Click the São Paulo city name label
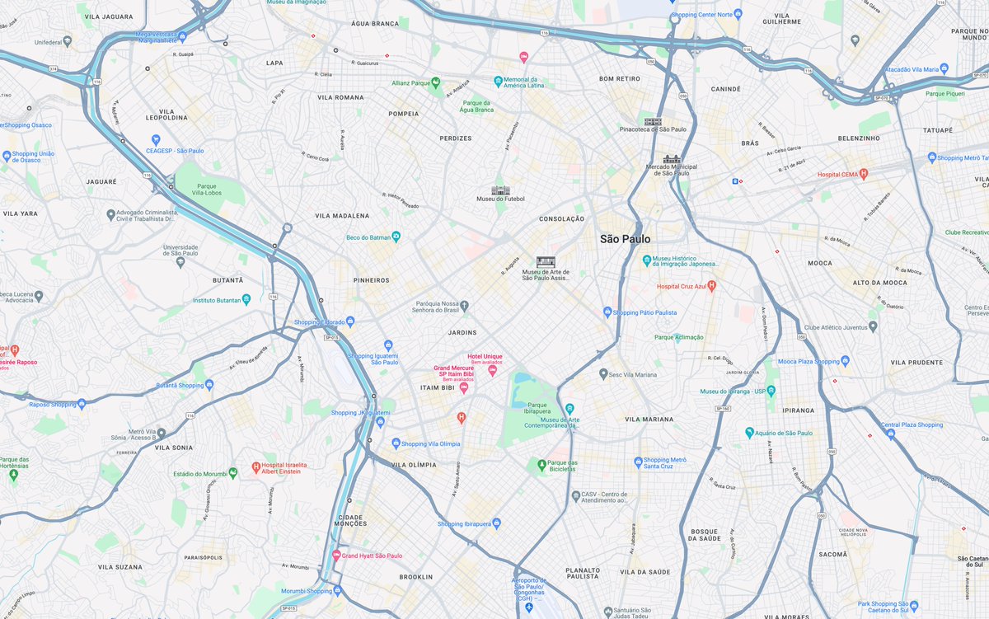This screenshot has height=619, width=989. tap(625, 239)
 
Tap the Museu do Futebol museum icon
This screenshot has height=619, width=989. tap(500, 190)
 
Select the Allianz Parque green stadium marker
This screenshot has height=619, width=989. tap(436, 82)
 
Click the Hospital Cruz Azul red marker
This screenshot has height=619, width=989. tap(712, 286)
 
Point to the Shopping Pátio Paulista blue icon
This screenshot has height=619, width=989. tap(607, 312)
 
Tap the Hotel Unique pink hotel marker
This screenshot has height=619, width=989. tap(493, 370)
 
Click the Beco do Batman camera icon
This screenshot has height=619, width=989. tap(396, 237)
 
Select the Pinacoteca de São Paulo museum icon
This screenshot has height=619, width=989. tap(653, 121)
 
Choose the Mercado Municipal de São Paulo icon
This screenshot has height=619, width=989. tap(672, 159)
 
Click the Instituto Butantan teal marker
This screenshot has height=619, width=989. tap(246, 299)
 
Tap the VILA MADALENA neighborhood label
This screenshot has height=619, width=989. tap(342, 216)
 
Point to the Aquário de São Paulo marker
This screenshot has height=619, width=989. tap(749, 433)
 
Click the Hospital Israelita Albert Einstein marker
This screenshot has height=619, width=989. tap(256, 467)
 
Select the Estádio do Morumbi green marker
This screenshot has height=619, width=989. tap(233, 472)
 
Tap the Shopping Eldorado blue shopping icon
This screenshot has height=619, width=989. tap(350, 321)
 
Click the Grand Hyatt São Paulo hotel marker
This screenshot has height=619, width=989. tap(336, 556)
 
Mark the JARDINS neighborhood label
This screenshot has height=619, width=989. tap(462, 333)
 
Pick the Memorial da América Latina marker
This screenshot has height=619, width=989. tap(499, 81)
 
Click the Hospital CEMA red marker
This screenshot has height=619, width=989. tap(864, 174)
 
